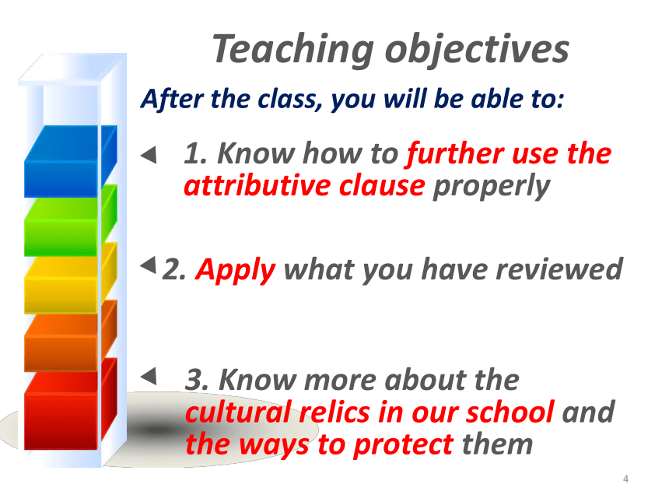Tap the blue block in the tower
tap(71, 161)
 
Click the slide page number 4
tap(625, 479)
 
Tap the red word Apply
tap(236, 271)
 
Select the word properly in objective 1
tap(492, 187)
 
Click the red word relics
tap(334, 412)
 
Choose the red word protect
tap(404, 445)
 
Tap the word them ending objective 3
tap(498, 444)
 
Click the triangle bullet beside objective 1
tap(149, 155)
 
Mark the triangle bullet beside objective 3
tap(149, 376)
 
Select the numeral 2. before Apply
tap(174, 270)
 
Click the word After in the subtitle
tap(173, 99)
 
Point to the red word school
tap(510, 412)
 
